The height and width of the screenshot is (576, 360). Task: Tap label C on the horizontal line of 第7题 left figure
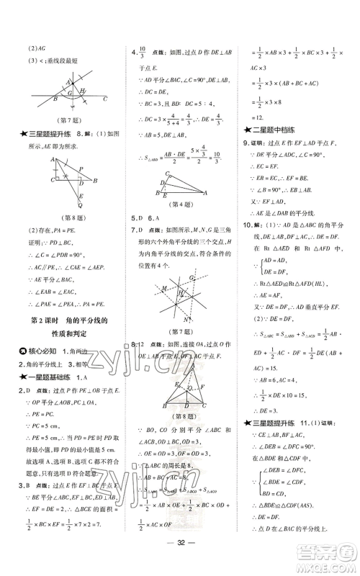[105, 99]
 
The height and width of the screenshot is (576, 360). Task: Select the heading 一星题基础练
[54, 377]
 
